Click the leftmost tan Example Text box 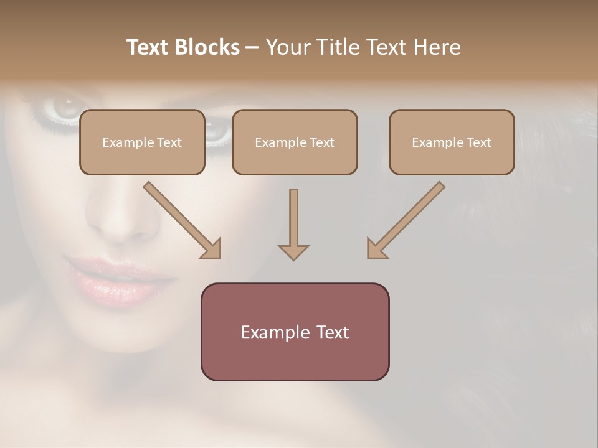pyautogui.click(x=142, y=142)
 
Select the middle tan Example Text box pyautogui.click(x=295, y=142)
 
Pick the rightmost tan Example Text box pyautogui.click(x=452, y=142)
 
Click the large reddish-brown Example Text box pyautogui.click(x=295, y=332)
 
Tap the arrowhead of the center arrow pyautogui.click(x=293, y=252)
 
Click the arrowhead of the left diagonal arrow pyautogui.click(x=212, y=249)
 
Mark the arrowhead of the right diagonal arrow pyautogui.click(x=376, y=249)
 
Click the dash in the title pyautogui.click(x=252, y=47)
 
